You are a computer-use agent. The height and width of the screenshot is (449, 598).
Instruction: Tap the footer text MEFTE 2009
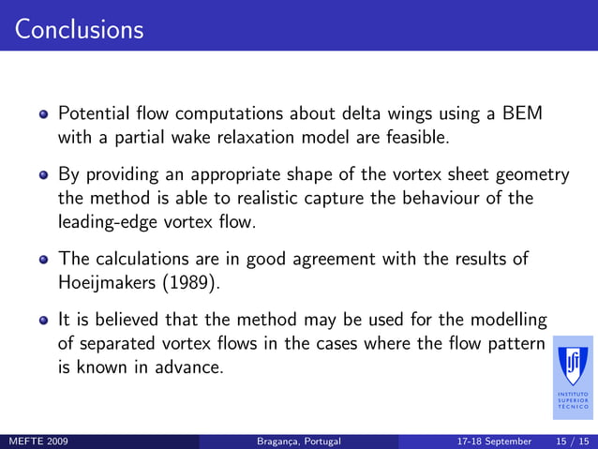tap(37, 441)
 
